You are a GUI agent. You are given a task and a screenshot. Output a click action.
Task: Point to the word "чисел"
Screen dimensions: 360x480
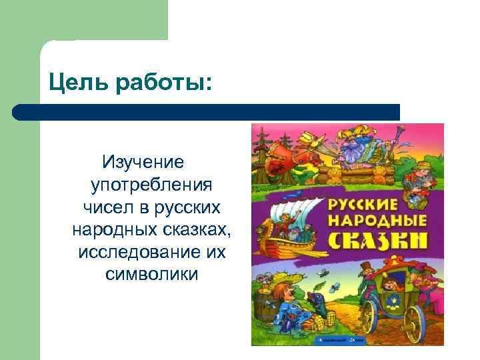[107, 207]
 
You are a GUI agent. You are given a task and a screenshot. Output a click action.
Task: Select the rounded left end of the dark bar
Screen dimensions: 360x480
[19, 111]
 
